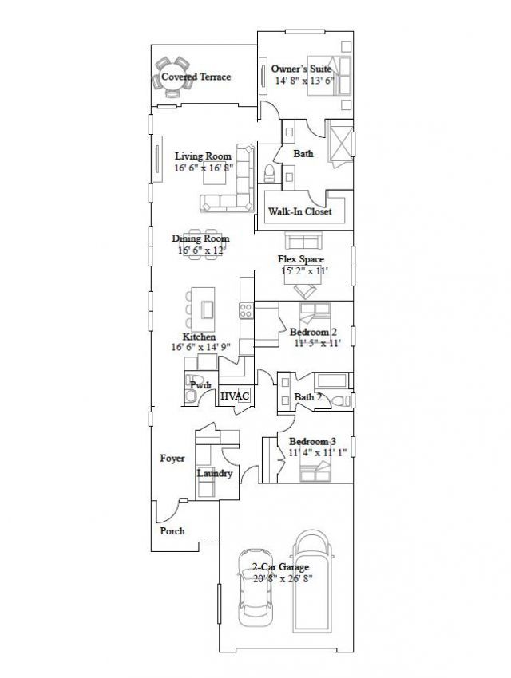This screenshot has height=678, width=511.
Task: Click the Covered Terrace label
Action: tap(196, 77)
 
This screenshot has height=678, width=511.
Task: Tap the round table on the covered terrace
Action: tap(171, 73)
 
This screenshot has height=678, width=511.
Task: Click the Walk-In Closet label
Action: tap(300, 212)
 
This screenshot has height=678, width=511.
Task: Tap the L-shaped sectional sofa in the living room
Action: tap(232, 188)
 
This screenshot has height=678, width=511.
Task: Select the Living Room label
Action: tap(203, 156)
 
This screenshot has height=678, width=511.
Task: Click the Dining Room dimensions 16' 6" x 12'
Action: tap(201, 250)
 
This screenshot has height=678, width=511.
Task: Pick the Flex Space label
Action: tap(300, 260)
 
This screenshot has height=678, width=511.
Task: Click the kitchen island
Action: tap(208, 308)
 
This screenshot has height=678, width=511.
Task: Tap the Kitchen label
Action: tap(199, 337)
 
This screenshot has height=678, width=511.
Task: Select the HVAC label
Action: tap(236, 396)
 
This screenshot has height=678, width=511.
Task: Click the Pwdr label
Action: tap(200, 384)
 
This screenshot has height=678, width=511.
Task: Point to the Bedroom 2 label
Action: tap(312, 332)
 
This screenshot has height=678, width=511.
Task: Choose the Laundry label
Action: tap(215, 474)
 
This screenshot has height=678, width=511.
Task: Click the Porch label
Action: tap(172, 531)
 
